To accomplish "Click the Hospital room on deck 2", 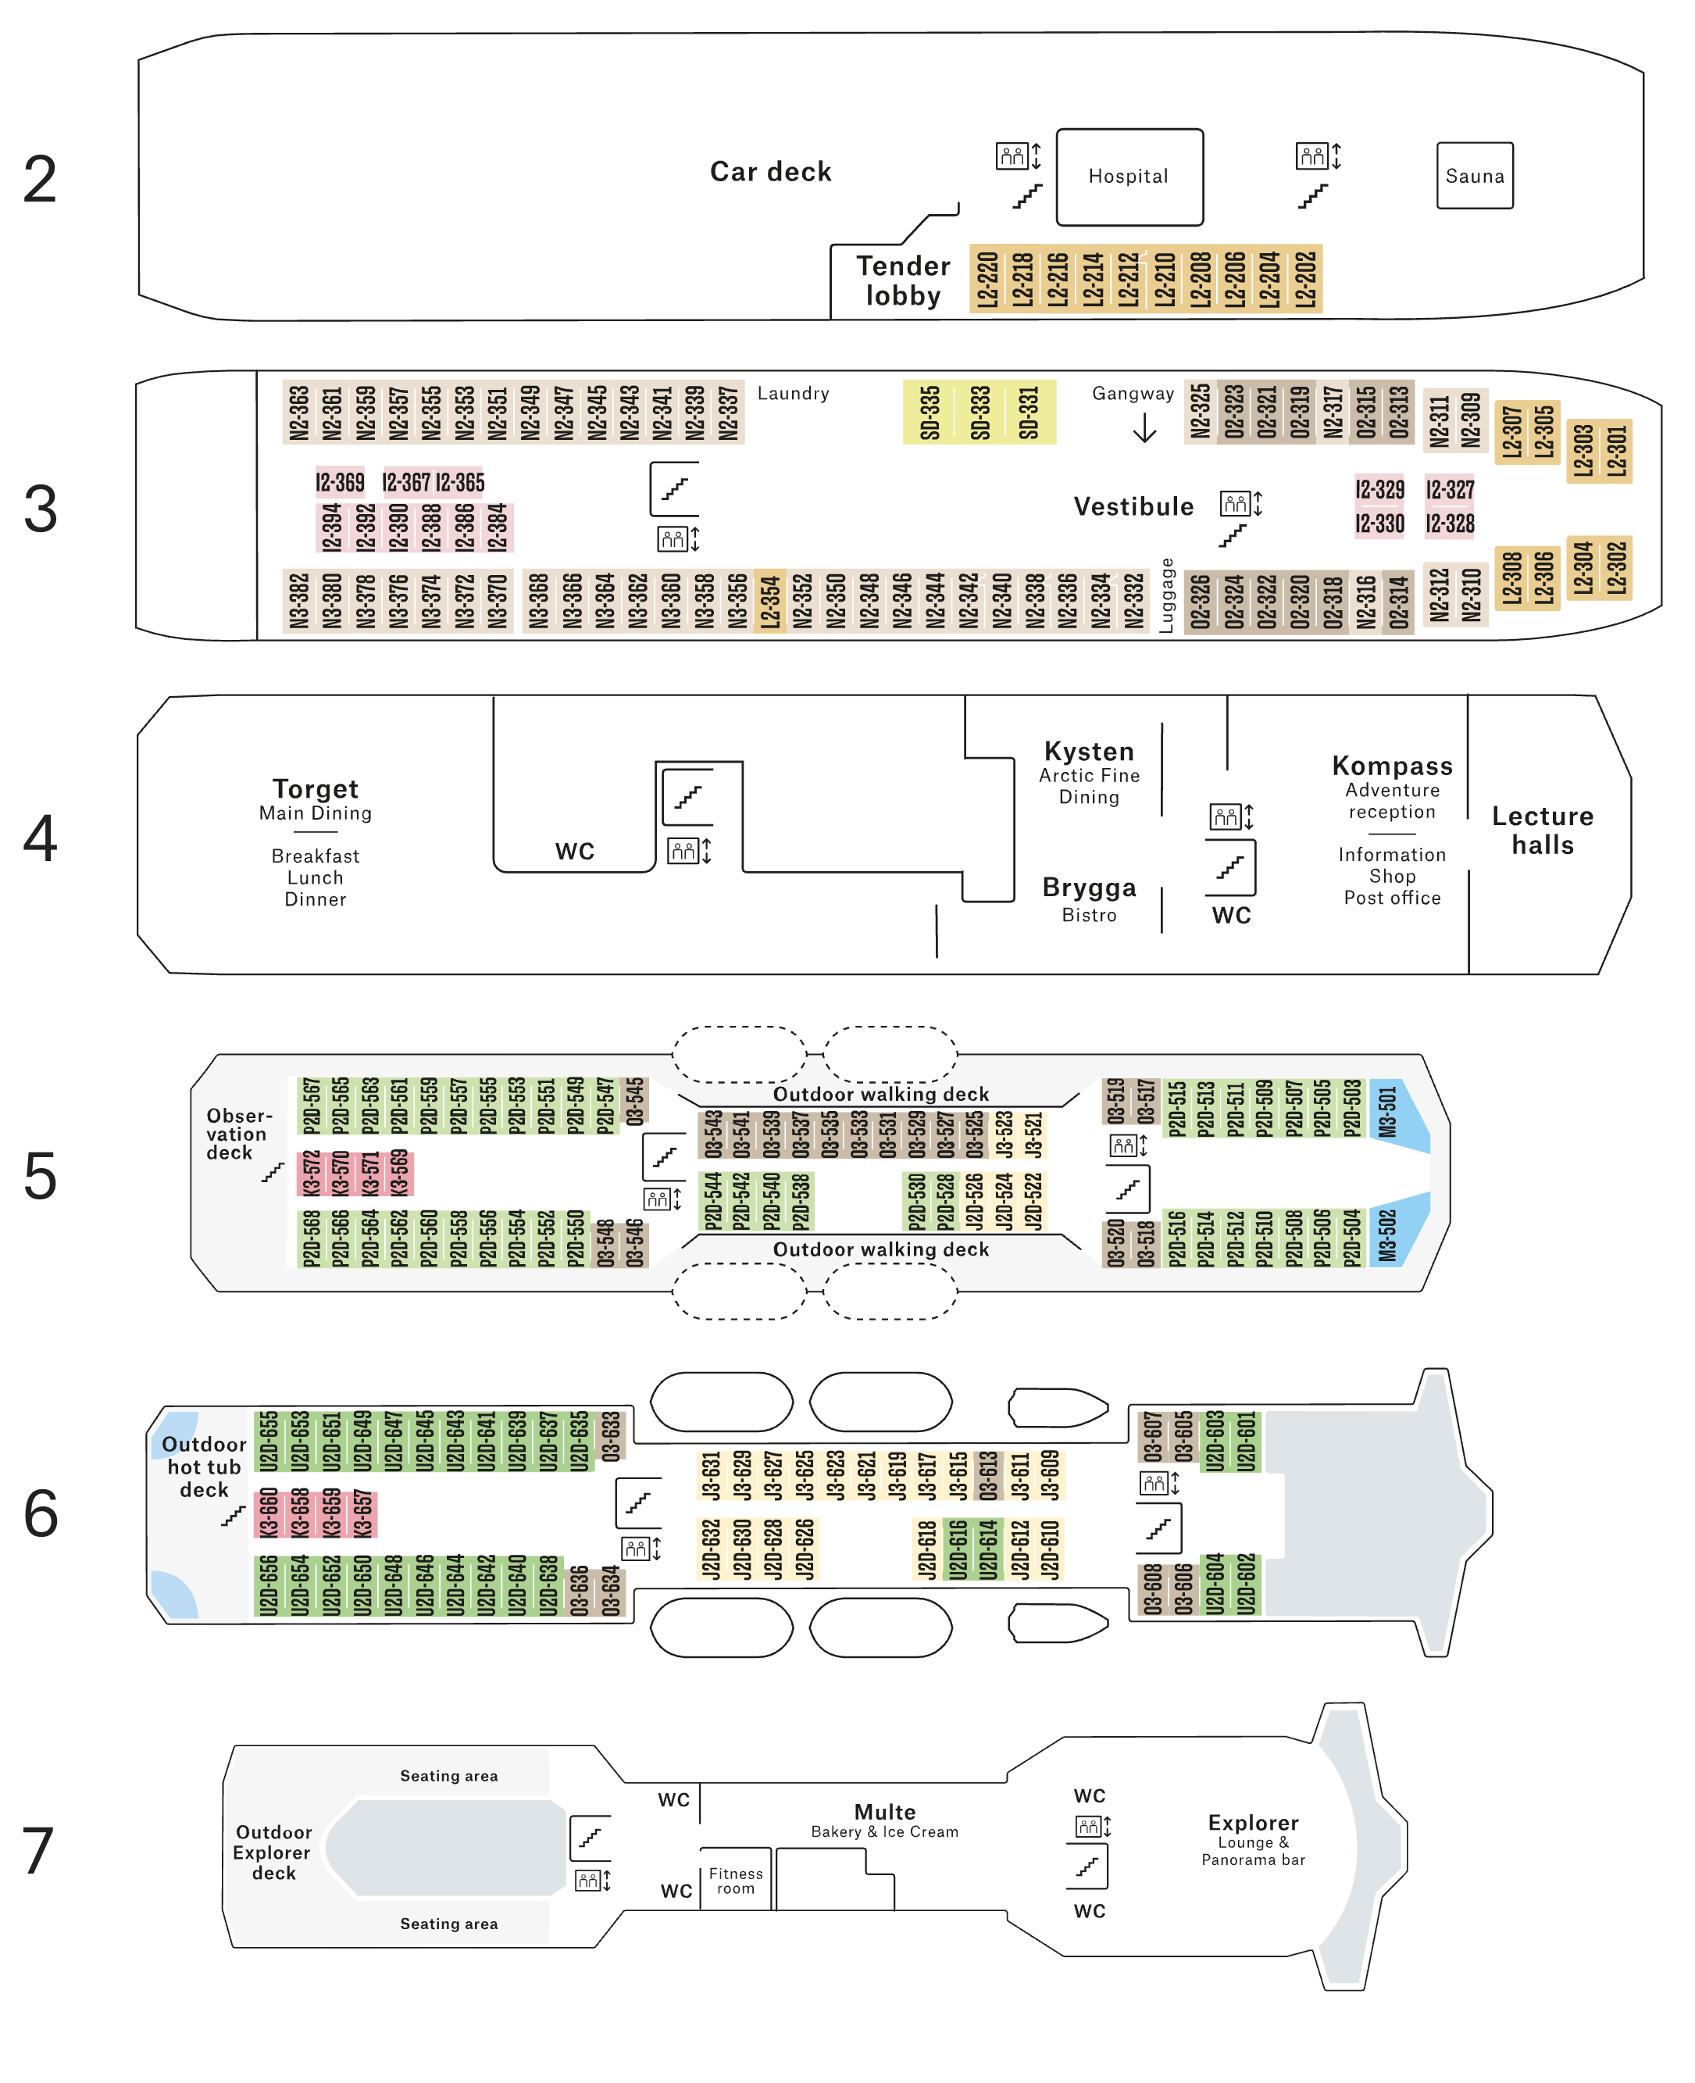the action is pos(1129,177).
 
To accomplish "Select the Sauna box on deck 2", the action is pos(1475,176).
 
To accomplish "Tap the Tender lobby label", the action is pos(903,280).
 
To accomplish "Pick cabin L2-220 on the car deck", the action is pos(987,279).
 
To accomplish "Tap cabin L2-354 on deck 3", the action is pos(769,602).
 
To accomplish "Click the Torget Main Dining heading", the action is pos(316,799).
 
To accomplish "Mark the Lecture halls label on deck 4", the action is pos(1542,830).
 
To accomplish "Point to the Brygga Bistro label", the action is pos(1089,899).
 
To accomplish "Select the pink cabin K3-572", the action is pos(312,1174).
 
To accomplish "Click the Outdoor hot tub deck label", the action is pos(204,1467).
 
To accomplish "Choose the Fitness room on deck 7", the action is pos(735,1881).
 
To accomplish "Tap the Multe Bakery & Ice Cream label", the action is pos(884,1821).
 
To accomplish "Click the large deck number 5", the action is pos(40,1176).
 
